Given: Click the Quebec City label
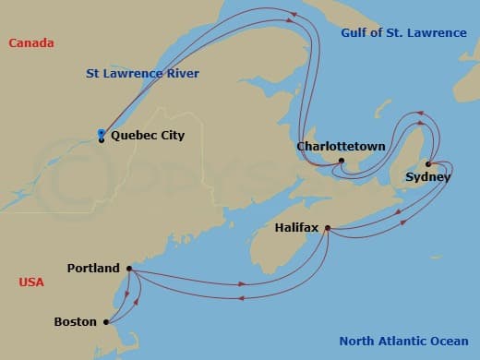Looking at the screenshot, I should tap(147, 136).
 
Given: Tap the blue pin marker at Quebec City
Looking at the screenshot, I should tap(101, 136).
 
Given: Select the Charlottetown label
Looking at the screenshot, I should tap(334, 146).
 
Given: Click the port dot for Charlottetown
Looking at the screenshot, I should tap(341, 161).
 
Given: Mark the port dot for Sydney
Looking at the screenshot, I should tap(428, 164).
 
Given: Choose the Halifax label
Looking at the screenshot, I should tap(297, 225).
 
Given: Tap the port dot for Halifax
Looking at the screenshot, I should tap(328, 224).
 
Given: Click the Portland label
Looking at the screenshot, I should tap(93, 269).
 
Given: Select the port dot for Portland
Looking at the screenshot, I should tap(128, 269).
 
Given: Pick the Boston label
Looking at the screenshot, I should tap(76, 322).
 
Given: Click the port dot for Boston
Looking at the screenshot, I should tap(106, 322).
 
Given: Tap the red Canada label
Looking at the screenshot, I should tap(30, 43).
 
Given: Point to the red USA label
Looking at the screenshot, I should tap(31, 282).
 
